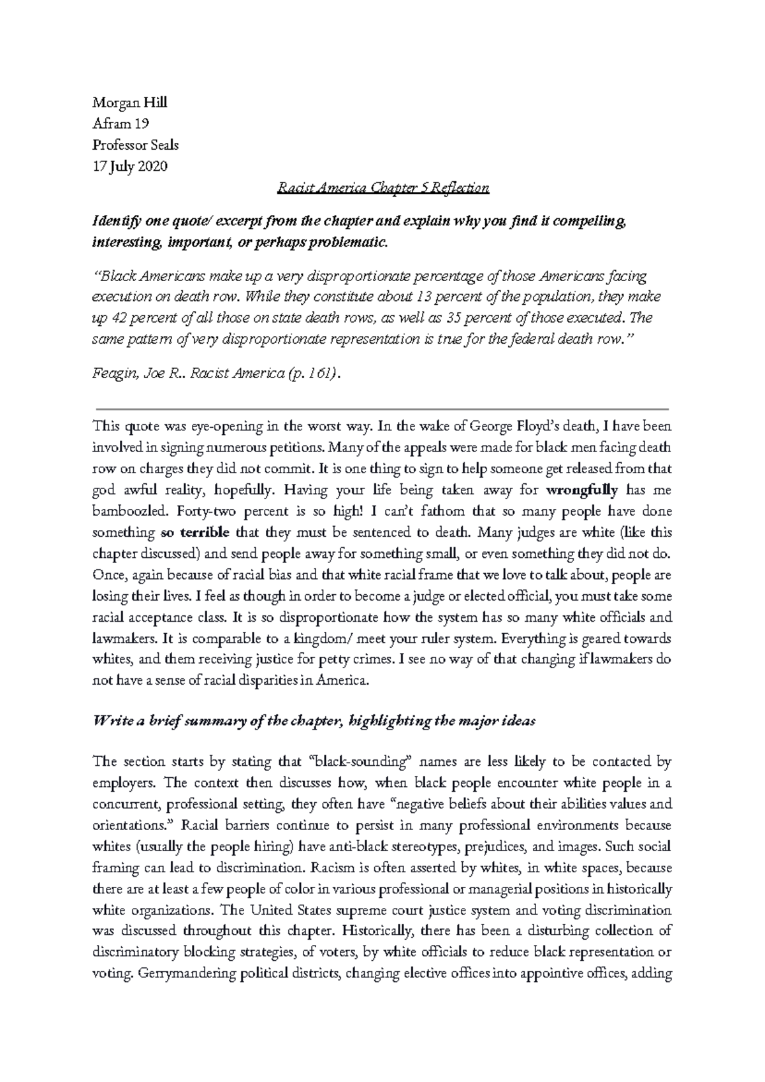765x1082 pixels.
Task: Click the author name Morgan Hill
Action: pos(129,103)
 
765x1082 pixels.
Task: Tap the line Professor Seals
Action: pos(135,145)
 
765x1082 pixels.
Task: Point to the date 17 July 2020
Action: pos(129,166)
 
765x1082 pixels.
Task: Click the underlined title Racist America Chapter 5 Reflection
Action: pos(383,187)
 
